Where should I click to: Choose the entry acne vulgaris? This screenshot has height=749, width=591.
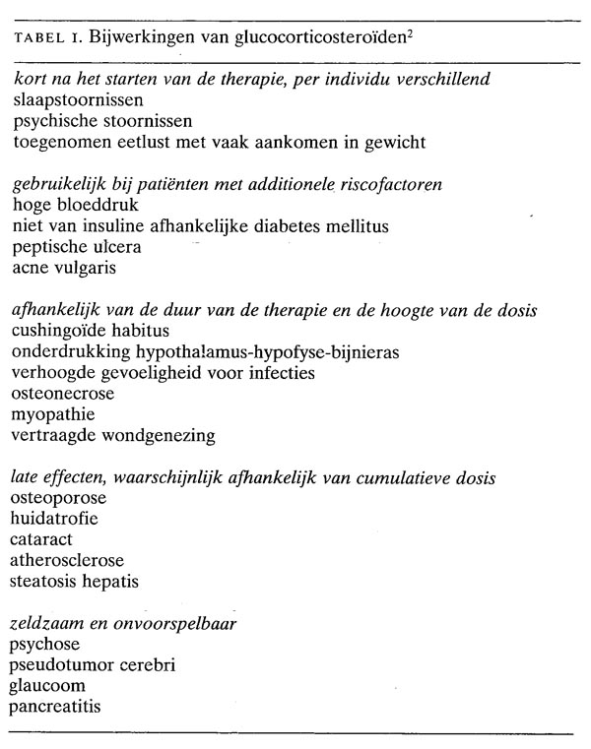(x=61, y=267)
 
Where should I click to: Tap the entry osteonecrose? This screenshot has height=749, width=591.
(x=62, y=394)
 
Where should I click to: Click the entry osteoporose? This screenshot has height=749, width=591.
(x=58, y=498)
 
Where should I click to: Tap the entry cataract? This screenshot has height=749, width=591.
(x=42, y=539)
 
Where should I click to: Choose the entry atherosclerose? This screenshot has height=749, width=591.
(x=67, y=560)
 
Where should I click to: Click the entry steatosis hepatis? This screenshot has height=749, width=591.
(x=74, y=581)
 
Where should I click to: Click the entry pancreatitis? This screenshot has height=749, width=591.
(x=55, y=706)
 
